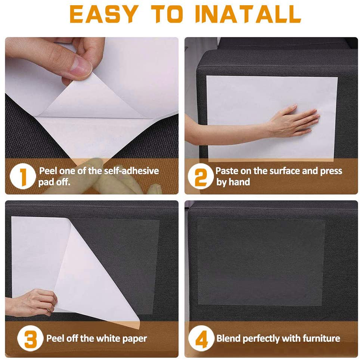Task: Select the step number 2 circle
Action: [x=201, y=177]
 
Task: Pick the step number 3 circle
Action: [x=30, y=339]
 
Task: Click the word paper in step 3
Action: [x=135, y=339]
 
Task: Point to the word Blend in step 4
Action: [x=228, y=339]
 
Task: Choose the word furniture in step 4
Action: [x=321, y=339]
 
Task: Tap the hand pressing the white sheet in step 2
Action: [x=295, y=121]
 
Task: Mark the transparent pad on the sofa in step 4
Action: [x=261, y=261]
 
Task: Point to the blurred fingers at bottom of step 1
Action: [x=116, y=179]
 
